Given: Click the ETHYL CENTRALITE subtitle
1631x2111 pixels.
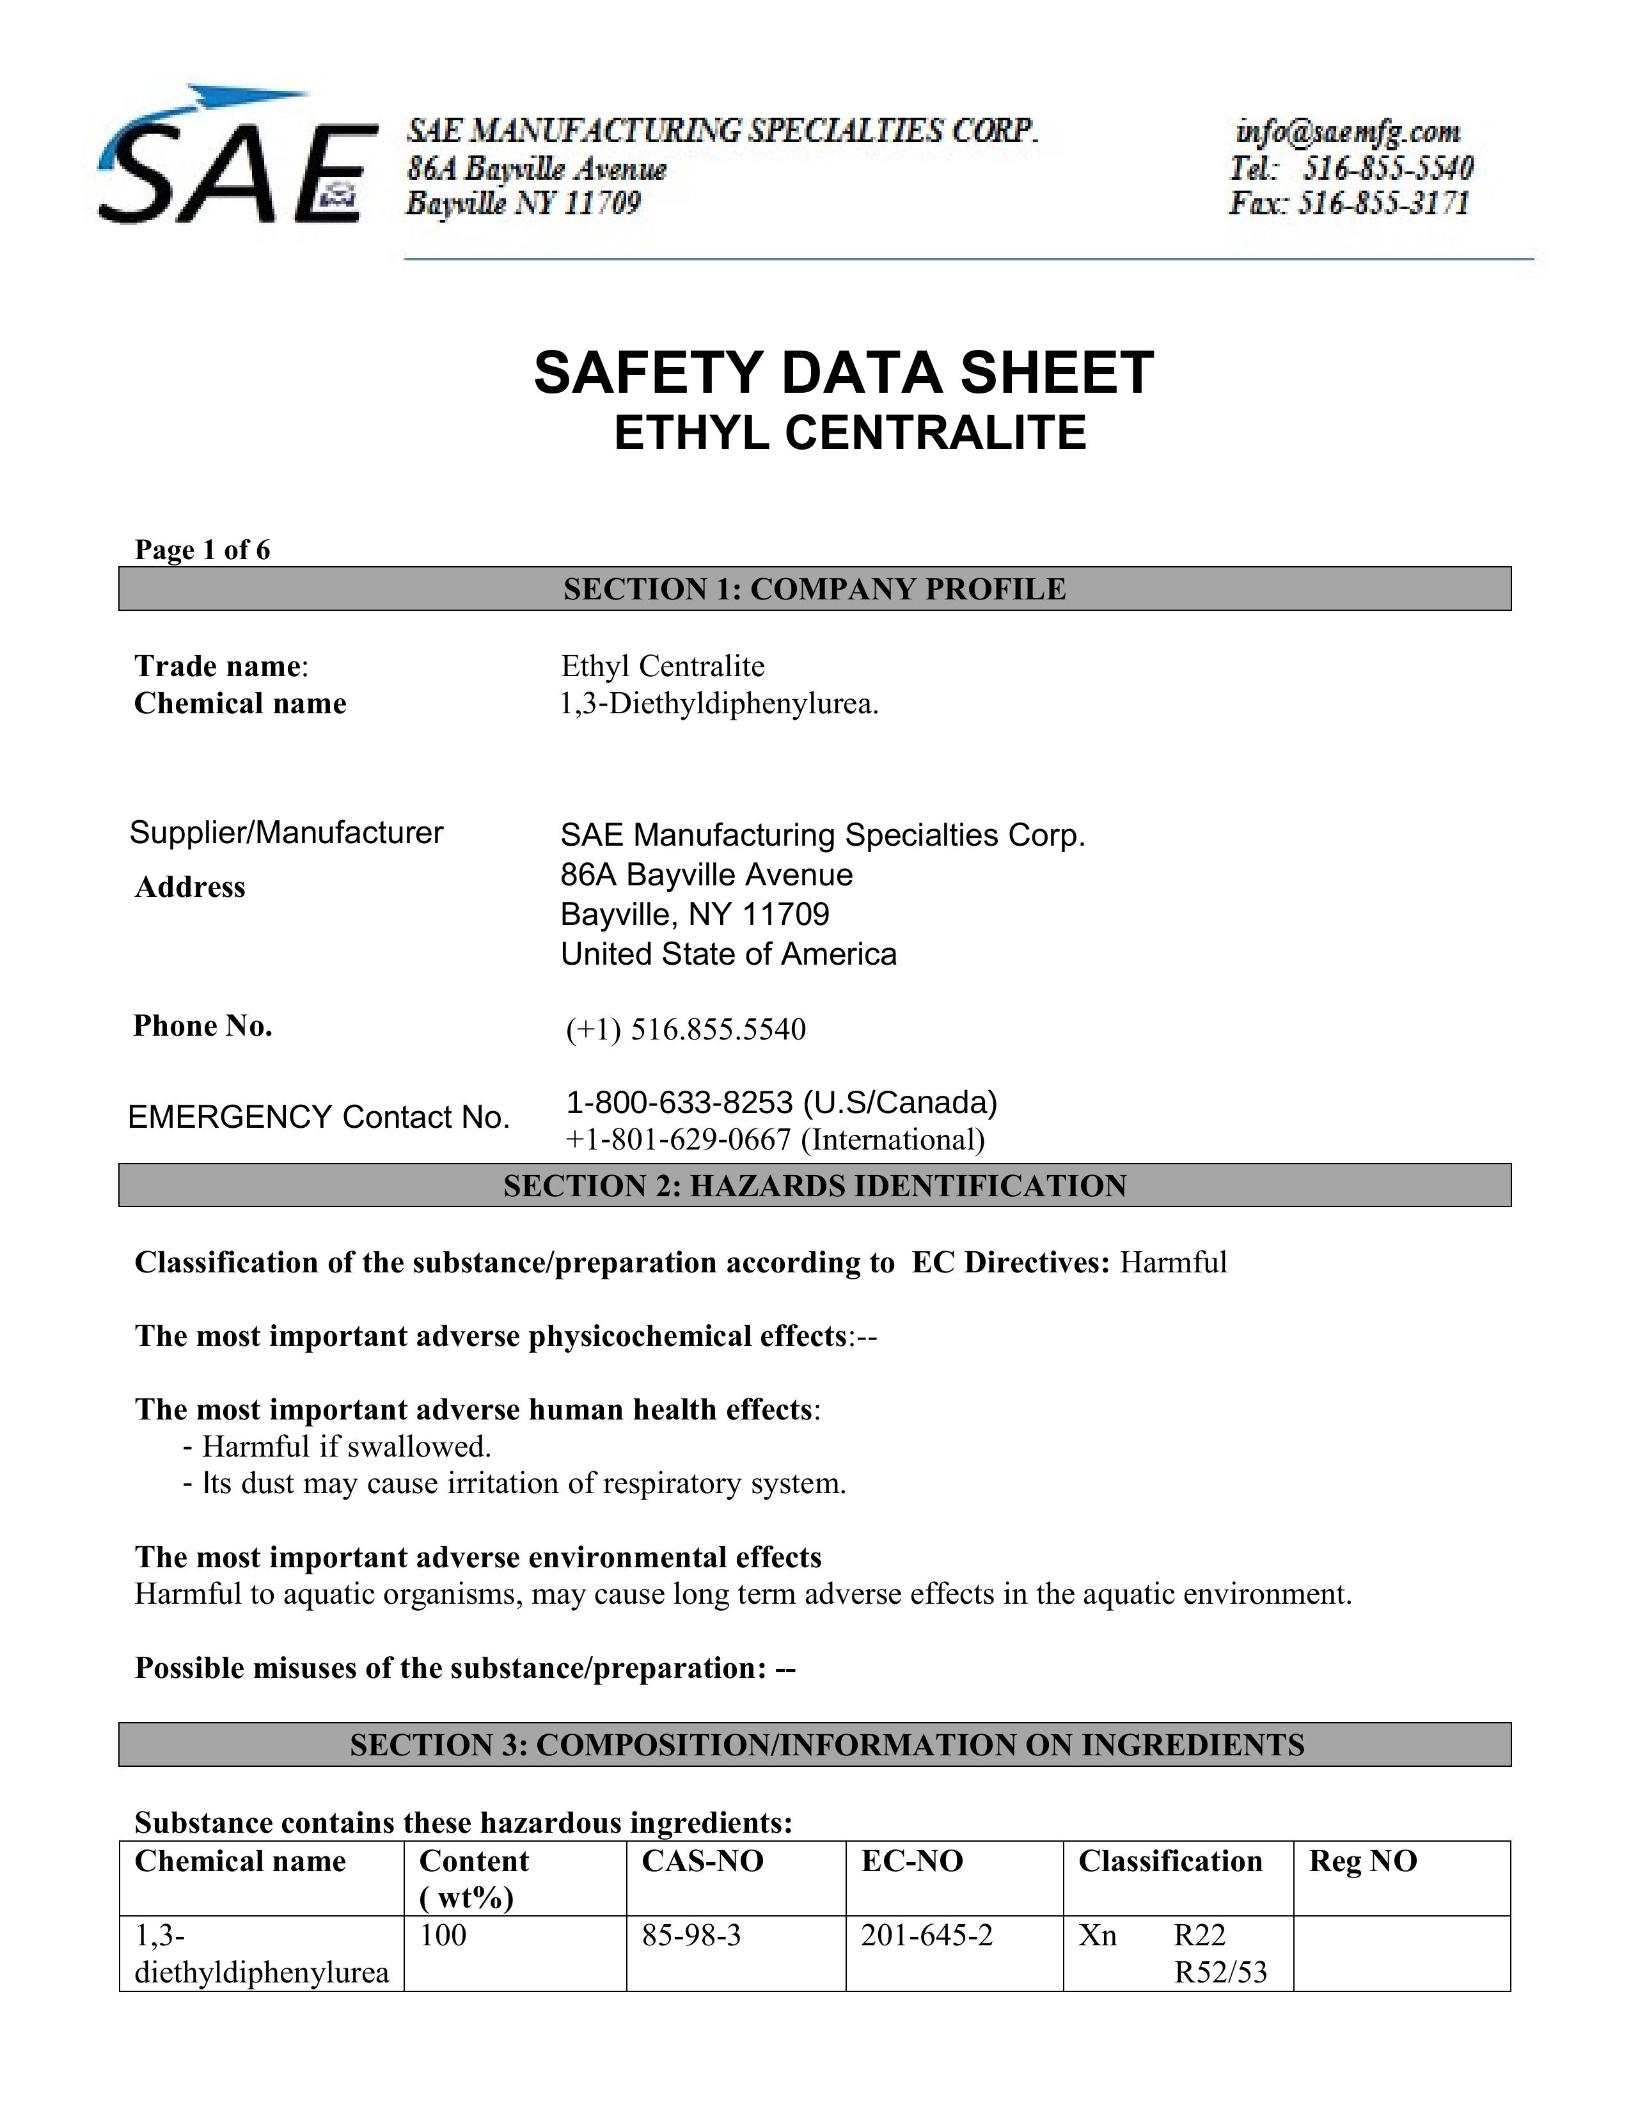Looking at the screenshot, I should click(849, 432).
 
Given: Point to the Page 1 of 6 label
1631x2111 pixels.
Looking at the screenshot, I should click(202, 550).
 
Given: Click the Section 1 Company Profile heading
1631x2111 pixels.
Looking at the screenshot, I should click(814, 589).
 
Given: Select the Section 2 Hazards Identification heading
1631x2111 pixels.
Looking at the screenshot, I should click(814, 1185).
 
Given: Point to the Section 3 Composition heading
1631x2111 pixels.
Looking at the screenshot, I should click(826, 1744).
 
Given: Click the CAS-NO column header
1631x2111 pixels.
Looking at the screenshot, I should click(702, 1861).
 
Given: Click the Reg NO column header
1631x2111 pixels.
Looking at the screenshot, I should click(1362, 1861).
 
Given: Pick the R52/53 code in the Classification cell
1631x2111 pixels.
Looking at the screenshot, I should click(1219, 1972).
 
